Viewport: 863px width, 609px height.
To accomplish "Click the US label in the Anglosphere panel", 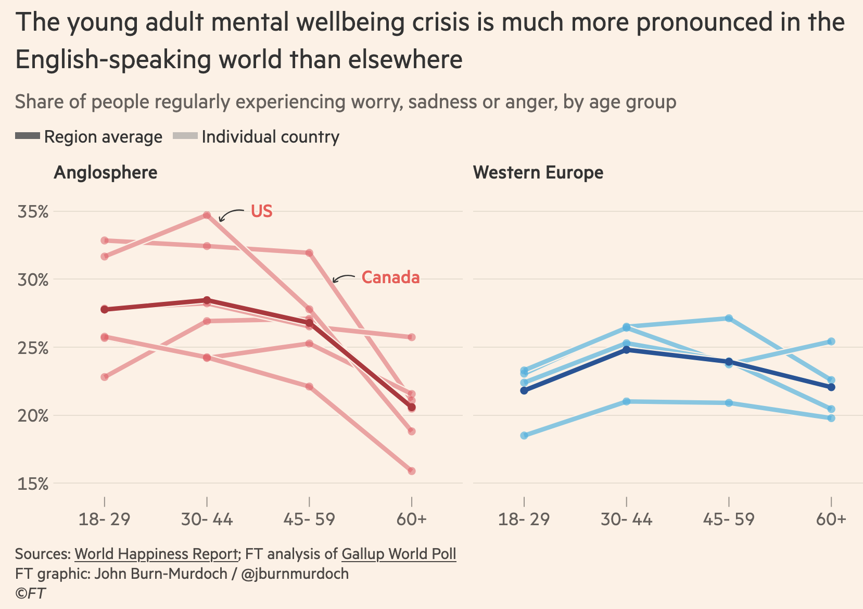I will point(261,211).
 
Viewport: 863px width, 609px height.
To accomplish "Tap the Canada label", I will point(390,277).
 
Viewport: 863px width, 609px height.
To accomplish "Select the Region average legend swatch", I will point(28,136).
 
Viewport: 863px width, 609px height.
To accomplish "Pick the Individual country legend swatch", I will point(185,136).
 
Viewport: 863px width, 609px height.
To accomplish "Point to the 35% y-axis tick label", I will point(33,212).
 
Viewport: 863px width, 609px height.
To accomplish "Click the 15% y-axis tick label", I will point(33,484).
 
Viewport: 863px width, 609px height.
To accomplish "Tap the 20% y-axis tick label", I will point(33,416).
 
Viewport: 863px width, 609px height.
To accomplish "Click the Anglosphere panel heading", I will point(106,172).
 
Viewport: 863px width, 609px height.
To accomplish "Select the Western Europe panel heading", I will point(538,172).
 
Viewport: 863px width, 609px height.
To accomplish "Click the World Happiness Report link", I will point(156,554).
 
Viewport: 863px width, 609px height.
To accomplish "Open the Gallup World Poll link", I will point(399,554).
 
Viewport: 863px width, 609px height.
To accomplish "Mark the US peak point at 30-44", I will point(207,215).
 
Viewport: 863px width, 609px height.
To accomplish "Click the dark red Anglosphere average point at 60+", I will point(412,407).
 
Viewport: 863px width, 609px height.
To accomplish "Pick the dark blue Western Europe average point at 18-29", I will point(524,390).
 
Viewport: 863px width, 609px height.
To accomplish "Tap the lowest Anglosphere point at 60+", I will point(412,471).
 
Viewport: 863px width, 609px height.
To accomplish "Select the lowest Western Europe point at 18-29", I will point(524,436).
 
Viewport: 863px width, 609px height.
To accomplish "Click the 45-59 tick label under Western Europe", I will point(729,519).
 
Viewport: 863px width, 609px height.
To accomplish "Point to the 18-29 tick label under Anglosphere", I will point(104,519).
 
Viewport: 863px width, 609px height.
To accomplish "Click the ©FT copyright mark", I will point(30,593).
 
